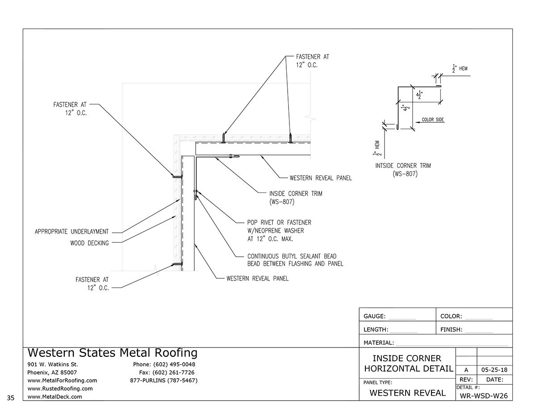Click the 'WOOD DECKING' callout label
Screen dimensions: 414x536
[x=89, y=243]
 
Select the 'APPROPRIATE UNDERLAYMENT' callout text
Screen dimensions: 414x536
[x=71, y=232]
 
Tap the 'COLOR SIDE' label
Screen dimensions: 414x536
[x=433, y=120]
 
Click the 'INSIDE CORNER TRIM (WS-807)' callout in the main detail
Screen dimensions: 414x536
[x=295, y=197]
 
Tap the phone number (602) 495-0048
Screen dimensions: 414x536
[x=164, y=364]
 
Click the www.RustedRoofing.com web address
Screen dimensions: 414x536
[x=57, y=389]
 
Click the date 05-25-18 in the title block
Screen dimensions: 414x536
[x=494, y=370]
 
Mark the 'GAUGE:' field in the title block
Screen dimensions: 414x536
[x=374, y=316]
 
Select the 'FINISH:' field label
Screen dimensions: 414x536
[x=451, y=330]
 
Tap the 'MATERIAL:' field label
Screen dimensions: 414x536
[x=379, y=343]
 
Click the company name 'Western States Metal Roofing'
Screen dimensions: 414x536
[x=112, y=353]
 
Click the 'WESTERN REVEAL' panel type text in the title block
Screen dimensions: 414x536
[x=408, y=393]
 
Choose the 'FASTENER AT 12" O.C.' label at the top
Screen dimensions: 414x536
[x=313, y=61]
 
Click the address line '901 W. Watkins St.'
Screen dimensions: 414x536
[x=53, y=364]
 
